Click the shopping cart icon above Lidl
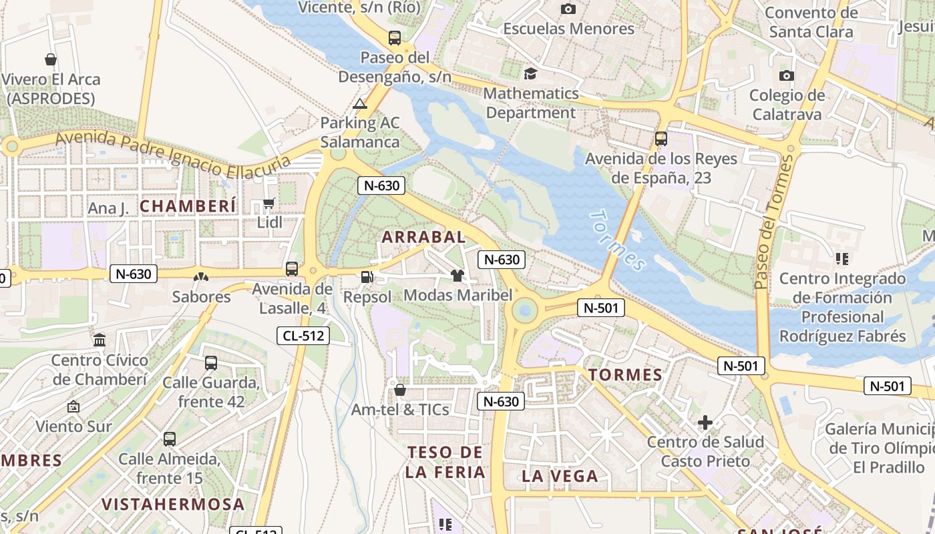[x=268, y=203]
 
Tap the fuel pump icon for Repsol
[x=367, y=277]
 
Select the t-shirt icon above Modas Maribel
[x=457, y=276]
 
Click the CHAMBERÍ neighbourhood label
[x=188, y=206]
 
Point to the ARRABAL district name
[x=423, y=237]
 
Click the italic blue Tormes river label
[x=618, y=240]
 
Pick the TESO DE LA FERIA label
[x=445, y=462]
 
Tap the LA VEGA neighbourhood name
[x=560, y=476]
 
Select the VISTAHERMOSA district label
[x=173, y=504]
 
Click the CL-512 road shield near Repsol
[x=303, y=336]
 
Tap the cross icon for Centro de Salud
[x=705, y=423]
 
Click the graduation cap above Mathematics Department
[x=530, y=73]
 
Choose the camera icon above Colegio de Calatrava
[x=787, y=75]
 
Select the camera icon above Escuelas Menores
[x=568, y=9]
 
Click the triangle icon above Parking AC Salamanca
[x=360, y=103]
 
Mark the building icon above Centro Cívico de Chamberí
[x=100, y=340]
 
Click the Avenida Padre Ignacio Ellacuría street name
[x=174, y=154]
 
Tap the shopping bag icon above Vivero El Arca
[x=51, y=59]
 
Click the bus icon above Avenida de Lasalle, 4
[x=292, y=269]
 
